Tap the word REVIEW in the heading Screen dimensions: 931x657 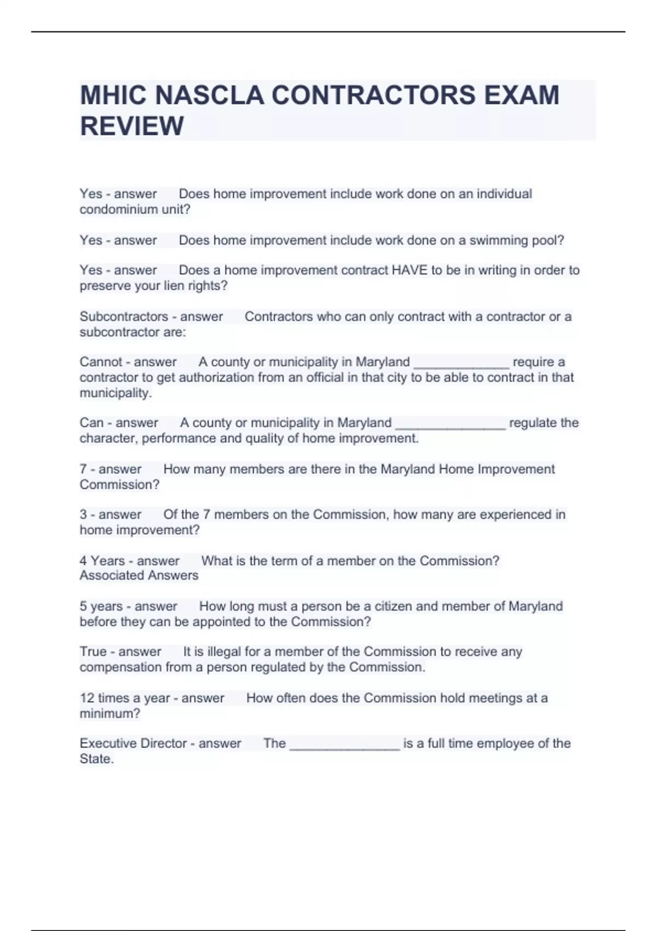click(x=132, y=126)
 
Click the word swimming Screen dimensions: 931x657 click(x=498, y=240)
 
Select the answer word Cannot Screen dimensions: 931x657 click(x=101, y=362)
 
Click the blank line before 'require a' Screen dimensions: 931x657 click(x=461, y=364)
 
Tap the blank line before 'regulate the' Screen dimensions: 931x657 click(x=450, y=424)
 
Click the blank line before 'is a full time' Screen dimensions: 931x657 click(x=344, y=745)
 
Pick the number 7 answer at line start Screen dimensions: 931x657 click(x=83, y=469)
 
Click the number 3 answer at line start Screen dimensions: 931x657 click(x=83, y=515)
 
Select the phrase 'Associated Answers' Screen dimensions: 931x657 click(x=139, y=576)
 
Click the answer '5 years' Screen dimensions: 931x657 click(x=101, y=606)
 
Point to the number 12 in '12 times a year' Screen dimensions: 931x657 click(x=87, y=698)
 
